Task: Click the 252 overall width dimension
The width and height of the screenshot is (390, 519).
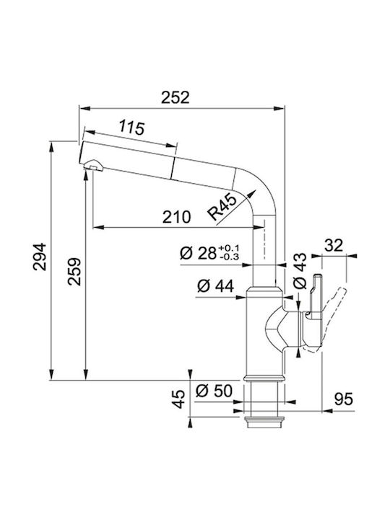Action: pos(175,97)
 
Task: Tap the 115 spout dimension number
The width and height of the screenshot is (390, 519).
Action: pos(131,128)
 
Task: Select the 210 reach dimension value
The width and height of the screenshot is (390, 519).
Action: pos(176,217)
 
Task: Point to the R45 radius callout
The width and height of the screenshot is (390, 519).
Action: pos(222,207)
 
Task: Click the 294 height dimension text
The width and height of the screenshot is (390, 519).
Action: pos(40,257)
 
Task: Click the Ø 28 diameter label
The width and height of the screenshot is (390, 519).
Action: pos(198,253)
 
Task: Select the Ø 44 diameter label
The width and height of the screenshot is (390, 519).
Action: pos(215,286)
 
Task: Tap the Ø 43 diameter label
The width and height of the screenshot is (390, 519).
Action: pos(300,271)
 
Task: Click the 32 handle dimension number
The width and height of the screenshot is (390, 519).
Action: pos(333,246)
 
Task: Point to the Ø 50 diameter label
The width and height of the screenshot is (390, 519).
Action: pos(214,391)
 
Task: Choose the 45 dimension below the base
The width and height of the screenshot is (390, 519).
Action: pos(178,399)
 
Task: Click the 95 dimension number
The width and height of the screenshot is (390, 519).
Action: pos(343,399)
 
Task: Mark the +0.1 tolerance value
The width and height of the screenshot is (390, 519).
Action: pos(229,248)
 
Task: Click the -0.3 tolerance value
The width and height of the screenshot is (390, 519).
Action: pos(229,257)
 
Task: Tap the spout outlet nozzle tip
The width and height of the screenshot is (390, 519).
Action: pos(94,165)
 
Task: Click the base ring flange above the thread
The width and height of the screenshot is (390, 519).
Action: pos(264,378)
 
